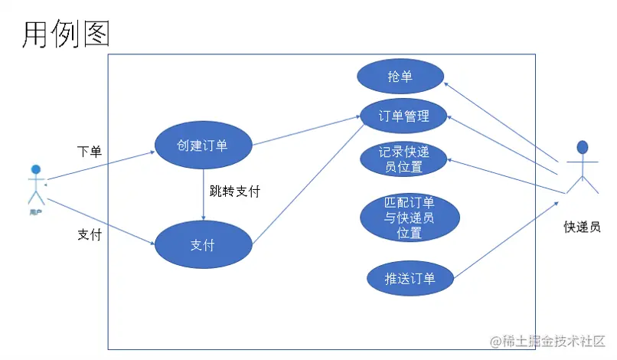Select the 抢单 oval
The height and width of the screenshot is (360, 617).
click(400, 76)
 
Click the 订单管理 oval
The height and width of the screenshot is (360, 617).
click(403, 116)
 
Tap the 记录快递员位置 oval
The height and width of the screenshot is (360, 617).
click(403, 159)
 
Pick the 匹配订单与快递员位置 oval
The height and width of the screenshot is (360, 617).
click(410, 218)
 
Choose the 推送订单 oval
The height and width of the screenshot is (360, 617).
click(410, 278)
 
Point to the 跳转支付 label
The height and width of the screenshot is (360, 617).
click(234, 191)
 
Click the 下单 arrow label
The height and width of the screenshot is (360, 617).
click(90, 151)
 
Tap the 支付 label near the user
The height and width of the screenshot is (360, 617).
click(90, 234)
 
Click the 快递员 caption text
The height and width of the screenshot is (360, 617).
click(582, 227)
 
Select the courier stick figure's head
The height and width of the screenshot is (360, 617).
click(583, 147)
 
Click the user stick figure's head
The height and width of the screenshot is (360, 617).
click(35, 169)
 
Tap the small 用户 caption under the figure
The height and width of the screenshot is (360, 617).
click(35, 212)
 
